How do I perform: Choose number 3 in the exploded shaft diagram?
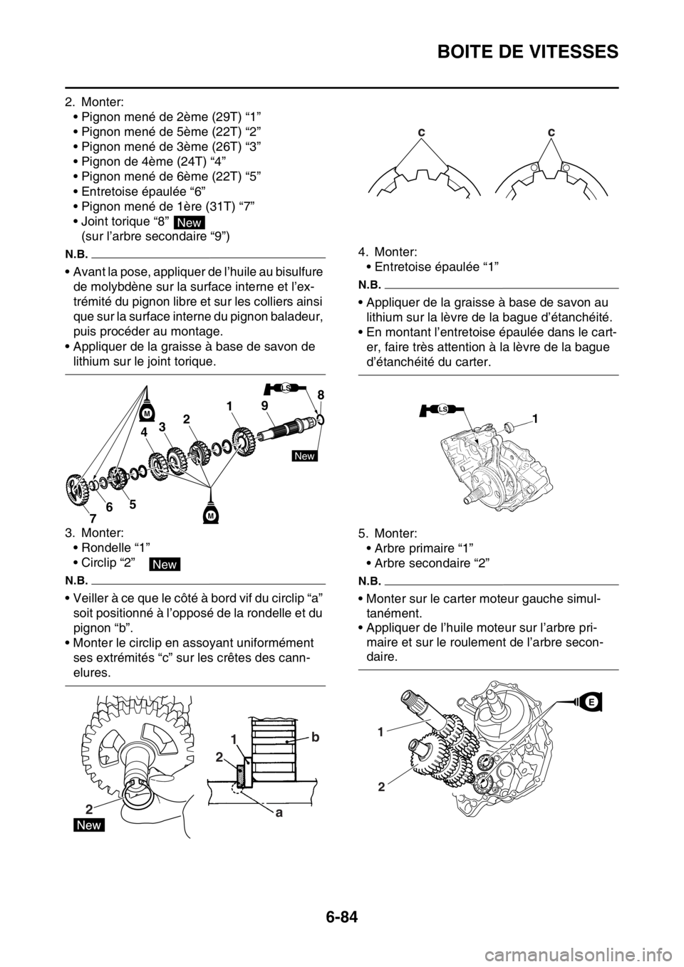[x=162, y=426]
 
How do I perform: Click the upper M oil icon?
[x=147, y=411]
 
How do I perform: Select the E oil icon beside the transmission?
[x=591, y=701]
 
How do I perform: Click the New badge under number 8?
[x=304, y=456]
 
